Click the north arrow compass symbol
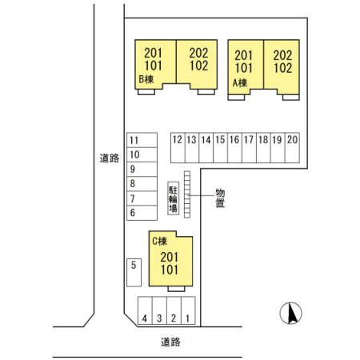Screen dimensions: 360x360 click(x=290, y=313)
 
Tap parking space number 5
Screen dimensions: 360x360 click(x=134, y=272)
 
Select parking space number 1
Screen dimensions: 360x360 click(x=188, y=310)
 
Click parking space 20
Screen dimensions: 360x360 click(x=292, y=147)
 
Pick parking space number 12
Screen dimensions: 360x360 click(x=178, y=147)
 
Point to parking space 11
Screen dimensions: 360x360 click(x=142, y=140)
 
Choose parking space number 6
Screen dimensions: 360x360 click(x=142, y=213)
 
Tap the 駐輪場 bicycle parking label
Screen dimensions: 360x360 click(x=173, y=198)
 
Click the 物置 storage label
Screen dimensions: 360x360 click(x=220, y=198)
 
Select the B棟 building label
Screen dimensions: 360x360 click(x=146, y=79)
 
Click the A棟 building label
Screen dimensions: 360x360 click(x=240, y=83)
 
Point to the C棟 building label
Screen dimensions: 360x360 click(x=159, y=242)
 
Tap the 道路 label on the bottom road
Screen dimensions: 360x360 click(x=170, y=342)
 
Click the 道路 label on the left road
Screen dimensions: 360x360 click(x=110, y=158)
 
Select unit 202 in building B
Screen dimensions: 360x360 click(x=198, y=53)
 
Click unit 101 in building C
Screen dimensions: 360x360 click(x=170, y=270)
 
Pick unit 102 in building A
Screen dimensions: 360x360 click(x=283, y=68)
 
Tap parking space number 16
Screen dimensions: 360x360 click(x=234, y=147)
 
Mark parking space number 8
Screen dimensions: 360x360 click(x=142, y=184)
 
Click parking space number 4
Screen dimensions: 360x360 click(x=145, y=310)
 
